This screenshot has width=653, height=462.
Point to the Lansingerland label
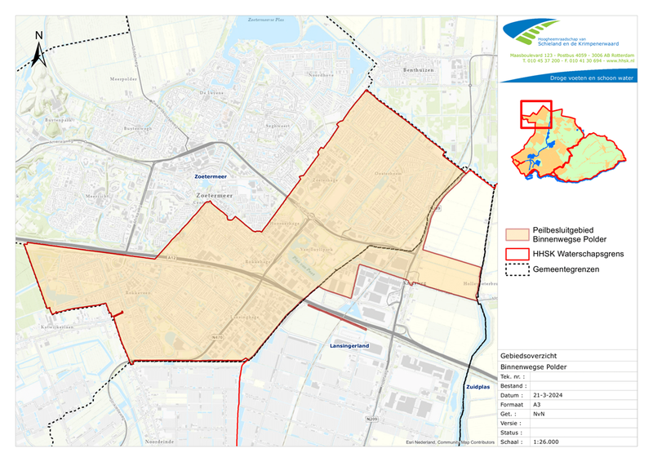pyautogui.click(x=350, y=346)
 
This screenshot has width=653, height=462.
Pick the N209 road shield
pyautogui.click(x=373, y=420)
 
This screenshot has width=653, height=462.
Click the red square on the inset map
pyautogui.click(x=536, y=115)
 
